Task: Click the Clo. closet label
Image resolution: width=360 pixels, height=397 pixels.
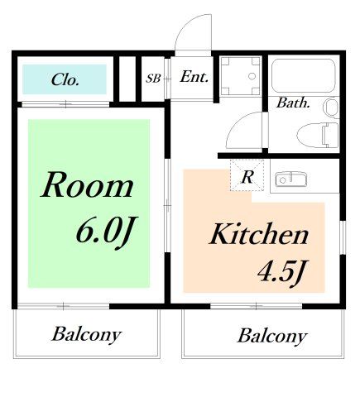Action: (65, 79)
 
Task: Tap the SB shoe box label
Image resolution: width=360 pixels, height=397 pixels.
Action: (153, 79)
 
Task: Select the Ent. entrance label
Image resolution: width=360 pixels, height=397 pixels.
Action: (194, 77)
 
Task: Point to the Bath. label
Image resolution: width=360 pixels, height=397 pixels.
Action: (293, 103)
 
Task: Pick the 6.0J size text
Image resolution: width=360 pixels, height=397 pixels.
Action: (107, 231)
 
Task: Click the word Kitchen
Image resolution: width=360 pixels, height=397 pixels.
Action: (259, 234)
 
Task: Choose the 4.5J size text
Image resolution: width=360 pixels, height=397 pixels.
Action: (282, 272)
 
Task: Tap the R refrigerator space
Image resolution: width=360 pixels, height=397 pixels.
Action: (247, 175)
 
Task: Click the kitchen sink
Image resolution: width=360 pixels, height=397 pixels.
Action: (291, 179)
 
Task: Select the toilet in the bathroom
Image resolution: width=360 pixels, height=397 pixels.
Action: (318, 135)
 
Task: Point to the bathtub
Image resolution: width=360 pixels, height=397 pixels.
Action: (304, 76)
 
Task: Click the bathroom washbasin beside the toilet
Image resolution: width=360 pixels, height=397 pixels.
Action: (332, 107)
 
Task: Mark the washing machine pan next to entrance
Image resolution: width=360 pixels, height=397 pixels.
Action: (241, 76)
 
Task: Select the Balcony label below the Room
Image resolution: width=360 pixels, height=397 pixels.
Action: (87, 335)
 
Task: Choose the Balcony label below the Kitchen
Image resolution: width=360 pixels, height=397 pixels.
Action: (272, 337)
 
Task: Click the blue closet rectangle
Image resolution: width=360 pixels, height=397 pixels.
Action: (65, 79)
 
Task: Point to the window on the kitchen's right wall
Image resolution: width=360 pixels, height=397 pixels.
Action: (343, 237)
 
